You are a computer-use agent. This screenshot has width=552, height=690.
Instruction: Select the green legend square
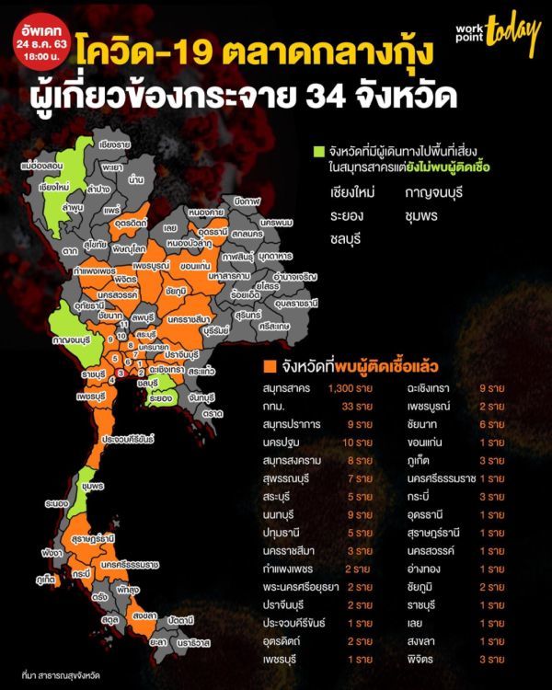tap(319, 152)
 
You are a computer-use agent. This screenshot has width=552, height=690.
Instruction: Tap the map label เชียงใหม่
tap(56, 185)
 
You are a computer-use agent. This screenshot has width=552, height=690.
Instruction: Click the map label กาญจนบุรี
tap(53, 339)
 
